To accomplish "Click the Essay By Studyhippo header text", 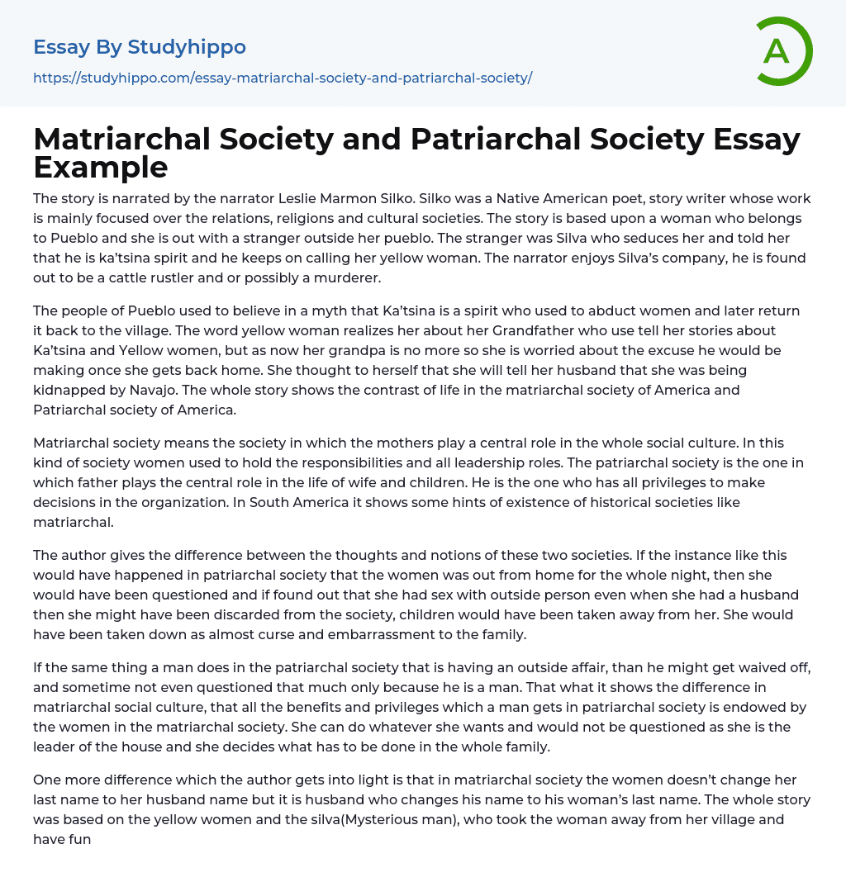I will point(140,47).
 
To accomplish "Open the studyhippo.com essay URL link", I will point(283,78).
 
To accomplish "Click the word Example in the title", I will point(101,167).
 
